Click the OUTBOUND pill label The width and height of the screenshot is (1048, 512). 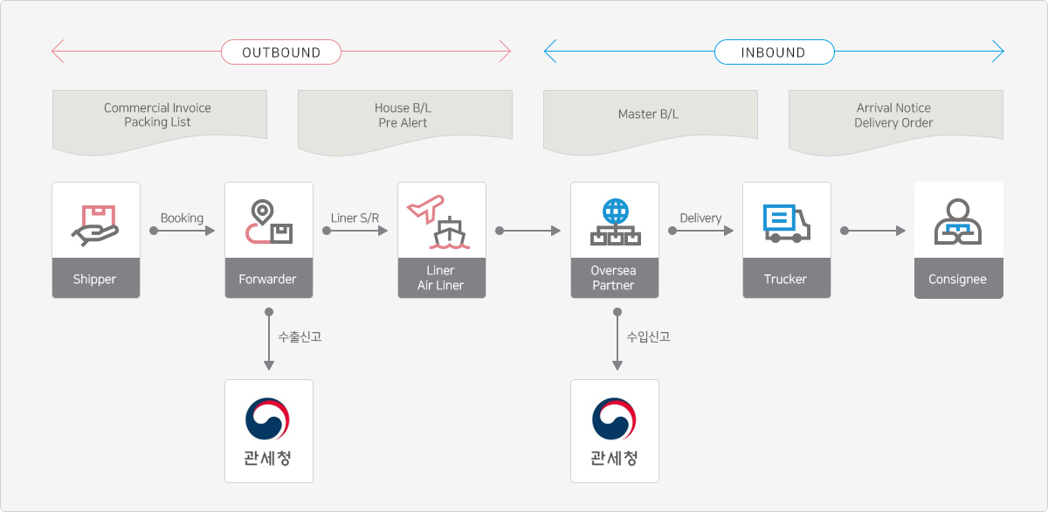pos(281,52)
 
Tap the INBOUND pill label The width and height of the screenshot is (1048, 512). pos(773,52)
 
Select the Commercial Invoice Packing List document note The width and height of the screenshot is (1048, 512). pos(158,115)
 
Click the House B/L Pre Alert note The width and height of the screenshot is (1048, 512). pos(403,115)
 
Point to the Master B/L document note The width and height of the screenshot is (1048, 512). pos(648,114)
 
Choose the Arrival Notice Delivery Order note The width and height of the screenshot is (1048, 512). pos(893,115)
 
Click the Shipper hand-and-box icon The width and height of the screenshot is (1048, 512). pos(95,224)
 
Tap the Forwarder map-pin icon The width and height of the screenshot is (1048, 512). pos(268,222)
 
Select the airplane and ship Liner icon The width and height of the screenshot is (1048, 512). pos(441,223)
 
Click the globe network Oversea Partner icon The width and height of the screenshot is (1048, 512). pos(614,222)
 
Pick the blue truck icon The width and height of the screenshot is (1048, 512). pos(786,223)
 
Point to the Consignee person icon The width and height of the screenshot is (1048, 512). pos(958,223)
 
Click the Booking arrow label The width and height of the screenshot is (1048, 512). pos(182,218)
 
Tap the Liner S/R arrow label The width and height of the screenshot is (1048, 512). pos(355,218)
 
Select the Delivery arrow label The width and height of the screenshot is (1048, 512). pos(700,218)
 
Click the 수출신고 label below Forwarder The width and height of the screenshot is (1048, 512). pos(300,336)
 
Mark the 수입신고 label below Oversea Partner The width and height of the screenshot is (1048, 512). pos(648,336)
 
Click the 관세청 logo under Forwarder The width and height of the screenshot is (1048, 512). pos(268,431)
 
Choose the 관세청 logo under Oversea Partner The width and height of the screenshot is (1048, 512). pos(614,431)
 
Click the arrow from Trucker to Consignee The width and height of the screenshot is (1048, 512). pos(874,231)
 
